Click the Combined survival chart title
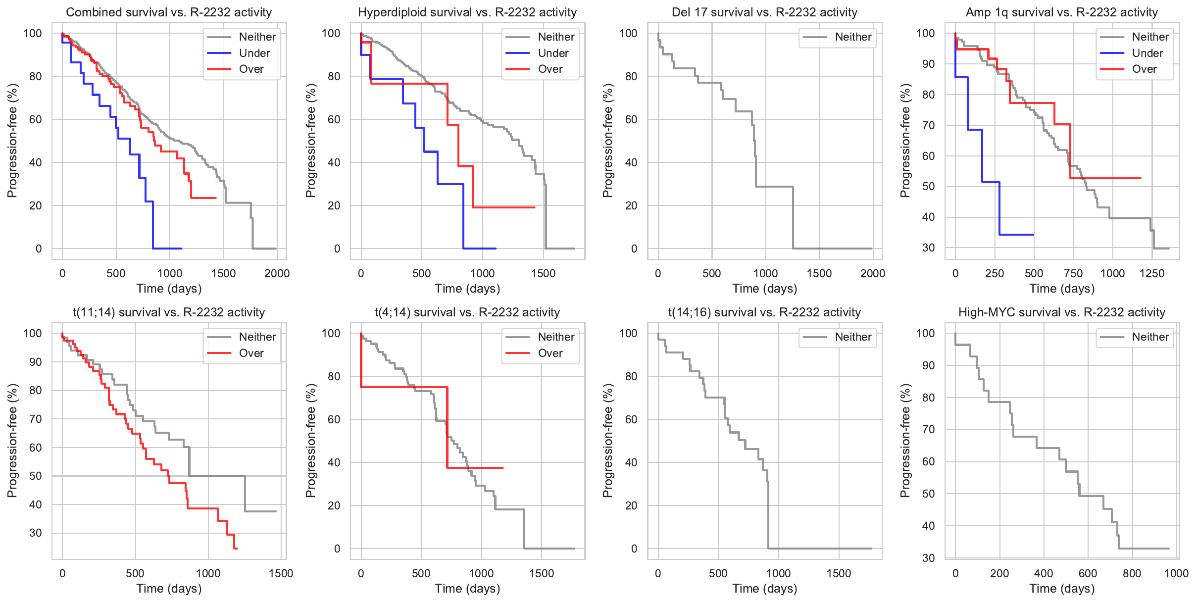click(x=169, y=12)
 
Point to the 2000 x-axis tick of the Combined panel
click(x=277, y=273)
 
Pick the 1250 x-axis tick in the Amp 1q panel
click(x=1152, y=273)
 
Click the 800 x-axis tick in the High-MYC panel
click(x=1132, y=573)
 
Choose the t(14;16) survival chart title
click(x=764, y=312)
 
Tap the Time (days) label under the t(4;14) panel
click(x=467, y=588)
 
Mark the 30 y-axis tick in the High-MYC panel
click(x=929, y=558)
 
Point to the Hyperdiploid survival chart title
click(x=467, y=12)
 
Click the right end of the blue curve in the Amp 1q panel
click(x=1034, y=235)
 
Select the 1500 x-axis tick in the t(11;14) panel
click(x=281, y=573)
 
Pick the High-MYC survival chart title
click(x=1062, y=312)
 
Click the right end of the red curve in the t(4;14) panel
click(x=503, y=468)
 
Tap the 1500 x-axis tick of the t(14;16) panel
click(x=839, y=573)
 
